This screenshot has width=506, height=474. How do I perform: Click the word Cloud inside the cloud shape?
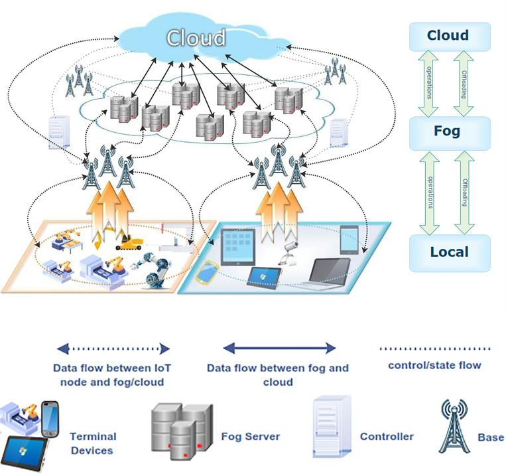pyautogui.click(x=196, y=38)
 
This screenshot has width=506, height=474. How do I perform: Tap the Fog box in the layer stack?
pyautogui.click(x=448, y=131)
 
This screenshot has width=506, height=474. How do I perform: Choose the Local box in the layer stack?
pyautogui.click(x=449, y=252)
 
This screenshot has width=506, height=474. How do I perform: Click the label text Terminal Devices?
pyautogui.click(x=93, y=443)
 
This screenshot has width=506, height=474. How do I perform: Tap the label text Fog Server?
pyautogui.click(x=250, y=437)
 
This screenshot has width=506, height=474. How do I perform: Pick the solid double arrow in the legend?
pyautogui.click(x=279, y=348)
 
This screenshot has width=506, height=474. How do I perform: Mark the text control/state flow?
pyautogui.click(x=434, y=365)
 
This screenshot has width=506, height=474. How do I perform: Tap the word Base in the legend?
pyautogui.click(x=491, y=437)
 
